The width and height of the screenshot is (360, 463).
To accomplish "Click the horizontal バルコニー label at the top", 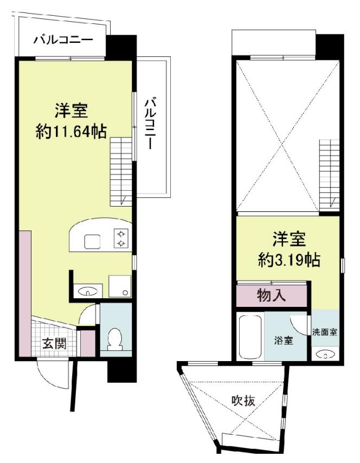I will pyautogui.click(x=63, y=40).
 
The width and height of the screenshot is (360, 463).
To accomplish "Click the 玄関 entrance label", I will pyautogui.click(x=55, y=344).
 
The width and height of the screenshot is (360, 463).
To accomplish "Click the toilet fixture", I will pyautogui.click(x=115, y=339).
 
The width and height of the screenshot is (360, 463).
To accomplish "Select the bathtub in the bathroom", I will pyautogui.click(x=250, y=337).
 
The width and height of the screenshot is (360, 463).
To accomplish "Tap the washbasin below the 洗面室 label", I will pyautogui.click(x=325, y=356).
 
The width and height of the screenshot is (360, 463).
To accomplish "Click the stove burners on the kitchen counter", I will pyautogui.click(x=121, y=238).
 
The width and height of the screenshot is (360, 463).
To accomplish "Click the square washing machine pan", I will pyautogui.click(x=119, y=286).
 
